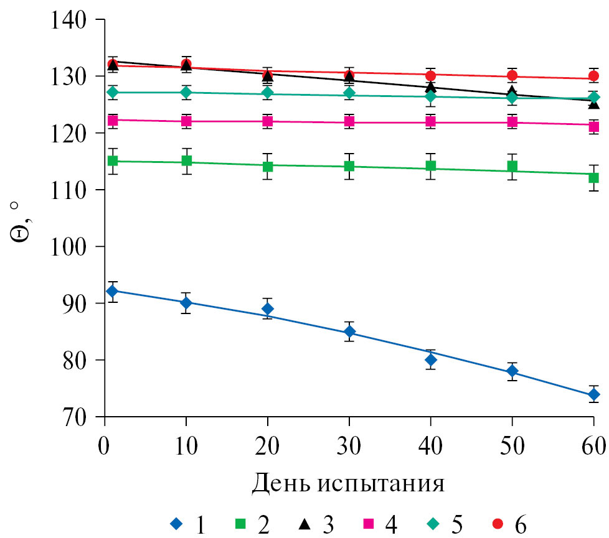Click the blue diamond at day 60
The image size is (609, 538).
click(x=593, y=394)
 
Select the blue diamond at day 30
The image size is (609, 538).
click(x=349, y=331)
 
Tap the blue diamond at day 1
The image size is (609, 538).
click(x=113, y=291)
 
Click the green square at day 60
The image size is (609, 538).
click(x=593, y=178)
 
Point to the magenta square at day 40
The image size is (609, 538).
click(x=430, y=123)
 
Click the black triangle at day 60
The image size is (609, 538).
click(x=593, y=103)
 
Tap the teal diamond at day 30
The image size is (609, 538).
click(x=349, y=93)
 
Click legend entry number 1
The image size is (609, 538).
click(x=187, y=524)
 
